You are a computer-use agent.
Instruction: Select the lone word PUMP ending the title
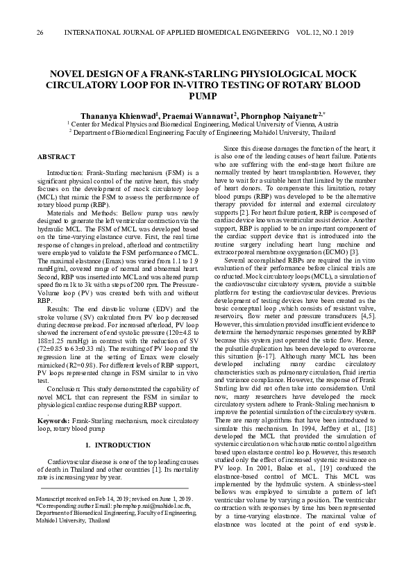tap(206, 96)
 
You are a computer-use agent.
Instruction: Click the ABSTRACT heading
tap(53, 157)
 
